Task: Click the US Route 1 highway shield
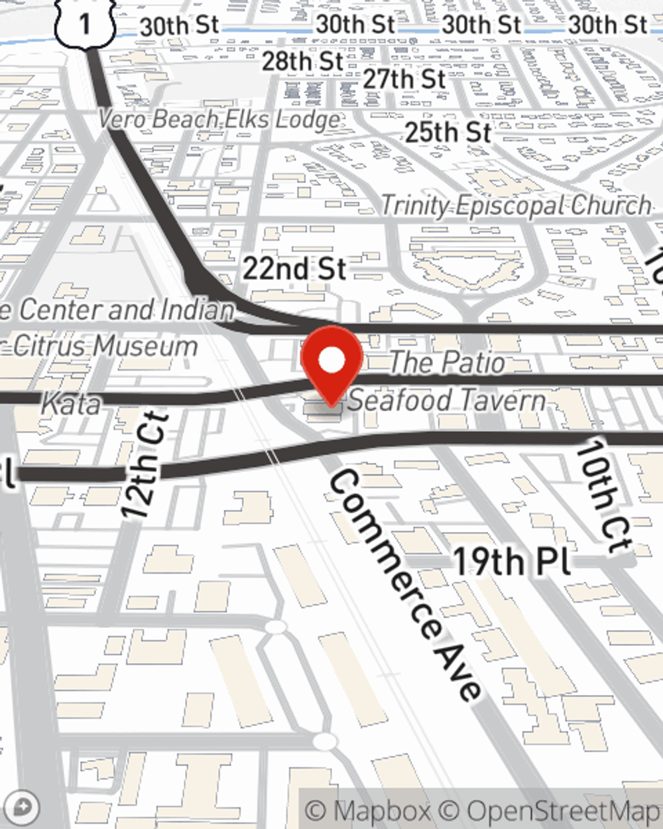85,24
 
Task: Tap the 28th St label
302,61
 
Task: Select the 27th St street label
404,79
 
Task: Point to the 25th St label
448,132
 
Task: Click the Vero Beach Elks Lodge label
219,119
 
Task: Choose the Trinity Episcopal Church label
516,205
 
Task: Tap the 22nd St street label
294,269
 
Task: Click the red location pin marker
331,363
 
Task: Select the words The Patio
447,362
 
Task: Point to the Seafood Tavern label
447,400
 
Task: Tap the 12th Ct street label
146,464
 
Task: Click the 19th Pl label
511,561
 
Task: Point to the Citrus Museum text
105,346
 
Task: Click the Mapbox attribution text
368,810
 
